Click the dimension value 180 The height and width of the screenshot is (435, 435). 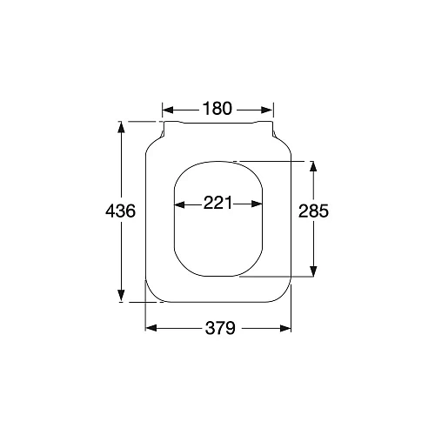point(217,109)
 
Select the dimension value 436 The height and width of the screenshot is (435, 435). point(120,211)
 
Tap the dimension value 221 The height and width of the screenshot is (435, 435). point(217,204)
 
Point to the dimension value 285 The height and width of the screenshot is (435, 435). point(313,211)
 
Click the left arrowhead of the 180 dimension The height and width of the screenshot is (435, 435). point(167,109)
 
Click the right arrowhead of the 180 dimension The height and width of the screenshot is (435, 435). point(269,109)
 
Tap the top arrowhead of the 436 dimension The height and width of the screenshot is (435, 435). point(120,127)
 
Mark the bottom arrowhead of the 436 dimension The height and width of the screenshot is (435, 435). point(120,297)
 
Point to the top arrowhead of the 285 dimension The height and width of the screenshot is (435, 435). point(312,166)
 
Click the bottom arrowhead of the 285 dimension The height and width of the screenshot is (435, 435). point(312,272)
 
